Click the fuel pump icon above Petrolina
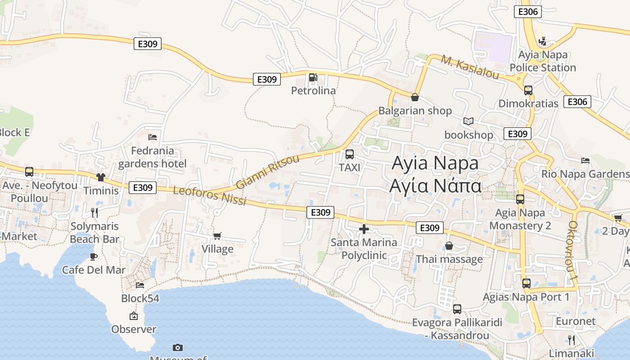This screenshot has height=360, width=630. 313,77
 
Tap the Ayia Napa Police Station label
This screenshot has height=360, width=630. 543,61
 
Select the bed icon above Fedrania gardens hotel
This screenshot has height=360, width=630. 153,137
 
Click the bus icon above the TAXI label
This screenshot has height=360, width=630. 349,154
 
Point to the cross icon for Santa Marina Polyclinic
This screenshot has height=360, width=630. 364,229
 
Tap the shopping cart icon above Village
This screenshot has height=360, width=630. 217,236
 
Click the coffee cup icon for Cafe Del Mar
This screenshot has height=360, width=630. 94,256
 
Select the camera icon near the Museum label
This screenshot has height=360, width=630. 178,347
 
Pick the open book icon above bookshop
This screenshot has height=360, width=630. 468,121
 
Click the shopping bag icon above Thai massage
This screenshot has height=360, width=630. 449,246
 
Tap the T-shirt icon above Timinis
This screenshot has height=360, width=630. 100,177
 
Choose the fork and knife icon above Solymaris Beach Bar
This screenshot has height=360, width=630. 94,212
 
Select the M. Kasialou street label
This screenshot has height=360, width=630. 470,67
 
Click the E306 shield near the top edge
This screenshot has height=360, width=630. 527,12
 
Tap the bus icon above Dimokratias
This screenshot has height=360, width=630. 528,90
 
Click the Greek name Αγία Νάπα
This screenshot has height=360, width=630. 436,185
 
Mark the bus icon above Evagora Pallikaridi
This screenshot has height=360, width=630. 457,309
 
